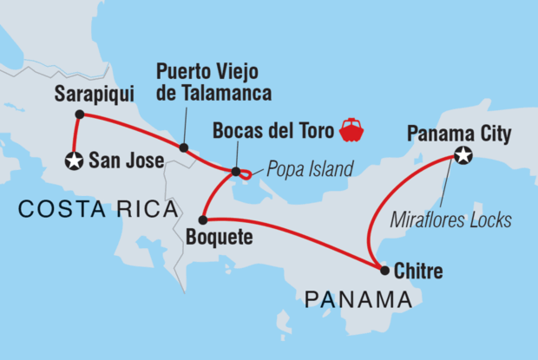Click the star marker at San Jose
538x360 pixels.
[x=74, y=160]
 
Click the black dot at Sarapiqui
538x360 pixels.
[x=79, y=114]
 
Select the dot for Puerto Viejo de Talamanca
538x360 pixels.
[x=184, y=148]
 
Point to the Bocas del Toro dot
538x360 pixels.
[x=236, y=172]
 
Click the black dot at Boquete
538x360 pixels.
[x=202, y=219]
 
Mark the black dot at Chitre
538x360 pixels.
[x=384, y=270]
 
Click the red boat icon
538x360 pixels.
[x=352, y=130]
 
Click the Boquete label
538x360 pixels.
[x=219, y=236]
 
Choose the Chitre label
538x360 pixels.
[x=418, y=272]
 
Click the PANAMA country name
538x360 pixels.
[x=358, y=301]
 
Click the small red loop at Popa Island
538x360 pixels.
[x=249, y=176]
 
